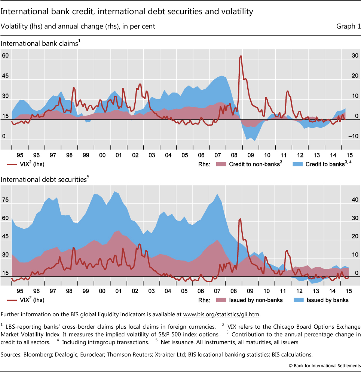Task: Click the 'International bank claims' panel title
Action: coord(39,44)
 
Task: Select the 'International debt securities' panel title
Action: coord(43,179)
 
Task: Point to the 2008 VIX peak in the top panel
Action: coord(241,56)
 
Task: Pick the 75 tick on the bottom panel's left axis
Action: coord(5,200)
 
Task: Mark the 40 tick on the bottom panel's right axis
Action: coord(354,200)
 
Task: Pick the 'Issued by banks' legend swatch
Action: coord(298,300)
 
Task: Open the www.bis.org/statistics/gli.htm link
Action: coord(224,314)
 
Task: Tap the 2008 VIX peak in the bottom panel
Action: coord(240,219)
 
